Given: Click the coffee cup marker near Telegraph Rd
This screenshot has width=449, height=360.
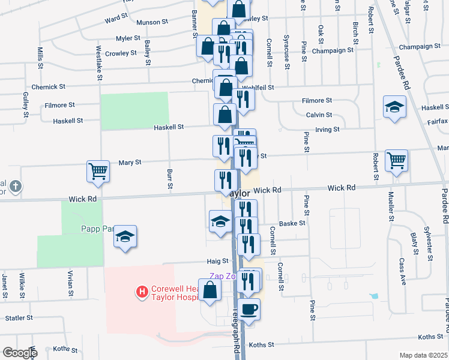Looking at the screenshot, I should click(x=249, y=310).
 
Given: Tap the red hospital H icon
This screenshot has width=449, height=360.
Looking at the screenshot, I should click(x=142, y=293).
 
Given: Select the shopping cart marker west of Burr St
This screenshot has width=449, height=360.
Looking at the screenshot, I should click(x=98, y=171).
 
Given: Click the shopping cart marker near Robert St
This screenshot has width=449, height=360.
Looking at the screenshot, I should click(x=396, y=160).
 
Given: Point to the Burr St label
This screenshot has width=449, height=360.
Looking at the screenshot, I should click(x=170, y=178).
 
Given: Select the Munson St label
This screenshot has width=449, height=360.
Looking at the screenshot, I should click(x=152, y=22).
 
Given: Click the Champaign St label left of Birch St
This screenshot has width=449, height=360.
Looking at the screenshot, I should click(x=333, y=50).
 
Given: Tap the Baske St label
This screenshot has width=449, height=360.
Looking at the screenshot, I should click(x=293, y=224).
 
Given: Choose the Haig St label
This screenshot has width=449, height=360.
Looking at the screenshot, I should click(x=218, y=261).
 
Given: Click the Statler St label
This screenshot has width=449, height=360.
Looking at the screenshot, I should click(x=19, y=317).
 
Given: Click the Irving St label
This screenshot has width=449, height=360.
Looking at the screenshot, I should click(x=327, y=129).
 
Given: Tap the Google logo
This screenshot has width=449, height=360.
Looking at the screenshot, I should click(x=20, y=353).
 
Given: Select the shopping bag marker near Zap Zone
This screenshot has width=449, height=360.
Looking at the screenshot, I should click(x=210, y=291).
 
